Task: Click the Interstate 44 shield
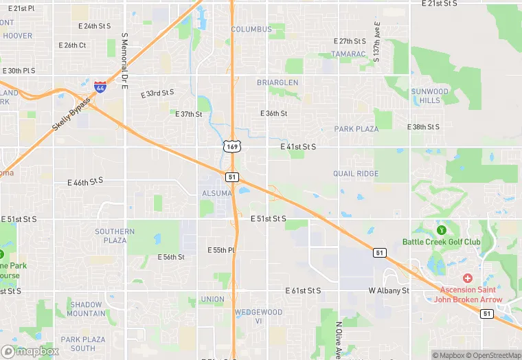point(100,87)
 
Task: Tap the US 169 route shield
point(231,146)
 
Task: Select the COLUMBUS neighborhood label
point(251,30)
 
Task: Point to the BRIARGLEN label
point(277,82)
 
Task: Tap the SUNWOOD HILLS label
point(430,95)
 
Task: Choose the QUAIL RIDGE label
point(356,174)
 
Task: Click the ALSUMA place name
point(216,194)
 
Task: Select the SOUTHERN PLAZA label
point(115,236)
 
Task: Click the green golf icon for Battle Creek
point(441,229)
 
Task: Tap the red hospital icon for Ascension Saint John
point(468,278)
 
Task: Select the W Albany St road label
point(389,291)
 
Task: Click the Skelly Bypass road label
point(71,115)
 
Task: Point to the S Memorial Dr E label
point(124,54)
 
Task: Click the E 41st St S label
point(298,147)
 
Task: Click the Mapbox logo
point(30,351)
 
